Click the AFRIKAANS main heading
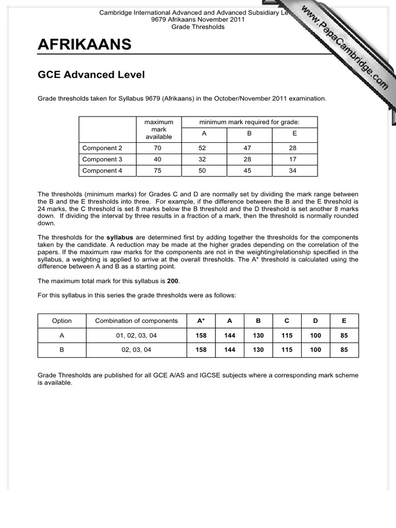pyautogui.click(x=84, y=45)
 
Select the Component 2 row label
pyautogui.click(x=102, y=148)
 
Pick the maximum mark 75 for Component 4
pyautogui.click(x=158, y=171)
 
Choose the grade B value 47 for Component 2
pyautogui.click(x=248, y=148)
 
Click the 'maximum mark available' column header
pyautogui.click(x=158, y=129)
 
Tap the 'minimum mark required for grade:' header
pyautogui.click(x=250, y=122)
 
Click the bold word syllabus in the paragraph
pyautogui.click(x=120, y=237)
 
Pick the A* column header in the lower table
pyautogui.click(x=201, y=321)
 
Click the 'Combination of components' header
pyautogui.click(x=136, y=321)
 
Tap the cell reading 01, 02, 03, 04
pyautogui.click(x=136, y=335)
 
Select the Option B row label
pyautogui.click(x=62, y=350)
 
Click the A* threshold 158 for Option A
pyautogui.click(x=201, y=335)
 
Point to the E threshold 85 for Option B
pyautogui.click(x=344, y=350)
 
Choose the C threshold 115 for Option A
pyautogui.click(x=287, y=335)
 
